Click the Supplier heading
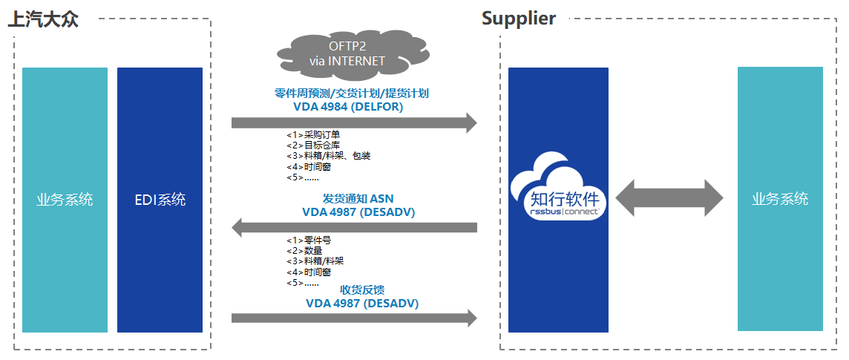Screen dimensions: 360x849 click(x=518, y=19)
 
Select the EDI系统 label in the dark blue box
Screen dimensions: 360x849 click(x=160, y=200)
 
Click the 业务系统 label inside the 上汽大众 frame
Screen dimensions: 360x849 click(x=65, y=200)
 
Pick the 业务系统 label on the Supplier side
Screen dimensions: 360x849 click(x=779, y=199)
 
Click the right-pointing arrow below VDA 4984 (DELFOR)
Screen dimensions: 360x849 click(x=354, y=122)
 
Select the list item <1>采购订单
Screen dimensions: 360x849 click(x=313, y=135)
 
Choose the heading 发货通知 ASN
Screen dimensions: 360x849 click(x=358, y=199)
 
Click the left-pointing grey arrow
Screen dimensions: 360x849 click(x=354, y=227)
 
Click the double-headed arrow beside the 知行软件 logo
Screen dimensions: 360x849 click(x=669, y=199)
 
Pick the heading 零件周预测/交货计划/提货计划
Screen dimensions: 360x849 click(x=352, y=94)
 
